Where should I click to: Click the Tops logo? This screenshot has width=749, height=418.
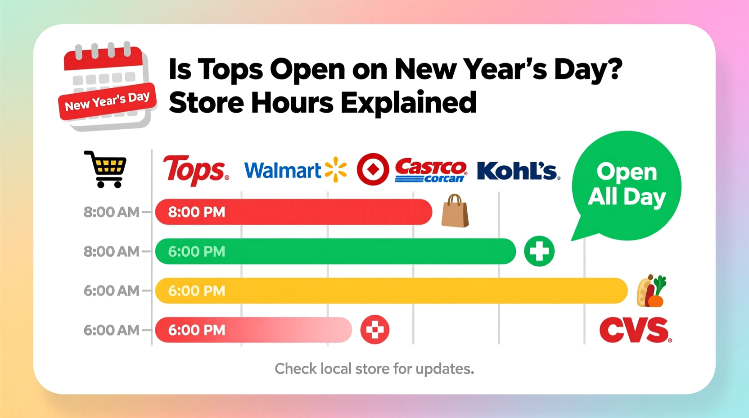[x=195, y=170]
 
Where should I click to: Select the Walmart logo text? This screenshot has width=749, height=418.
[x=282, y=171]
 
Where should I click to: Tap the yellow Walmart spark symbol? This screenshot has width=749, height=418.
[x=336, y=170]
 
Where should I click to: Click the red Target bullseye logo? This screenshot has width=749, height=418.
[x=373, y=169]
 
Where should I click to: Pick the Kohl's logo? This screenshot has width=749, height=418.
[x=518, y=171]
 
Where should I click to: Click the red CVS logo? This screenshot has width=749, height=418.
[x=635, y=330]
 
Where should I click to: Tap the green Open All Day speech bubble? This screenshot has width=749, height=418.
[x=627, y=185]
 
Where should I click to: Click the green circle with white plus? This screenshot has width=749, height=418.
[x=539, y=251]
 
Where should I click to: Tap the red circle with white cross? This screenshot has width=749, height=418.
[x=374, y=330]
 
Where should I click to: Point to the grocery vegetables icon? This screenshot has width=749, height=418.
[x=651, y=291]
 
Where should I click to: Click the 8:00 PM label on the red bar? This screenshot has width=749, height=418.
[x=197, y=212]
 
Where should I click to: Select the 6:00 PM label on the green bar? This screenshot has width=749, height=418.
[x=197, y=251]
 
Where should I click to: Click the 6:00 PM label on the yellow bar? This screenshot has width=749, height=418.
[x=197, y=291]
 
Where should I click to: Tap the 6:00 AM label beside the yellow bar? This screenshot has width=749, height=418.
[x=111, y=291]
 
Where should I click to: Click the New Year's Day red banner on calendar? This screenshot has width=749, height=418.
[x=107, y=101]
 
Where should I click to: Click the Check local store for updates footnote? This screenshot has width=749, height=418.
[x=374, y=369]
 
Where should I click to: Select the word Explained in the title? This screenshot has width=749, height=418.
[x=408, y=103]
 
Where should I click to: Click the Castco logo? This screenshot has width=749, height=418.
[x=430, y=170]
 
